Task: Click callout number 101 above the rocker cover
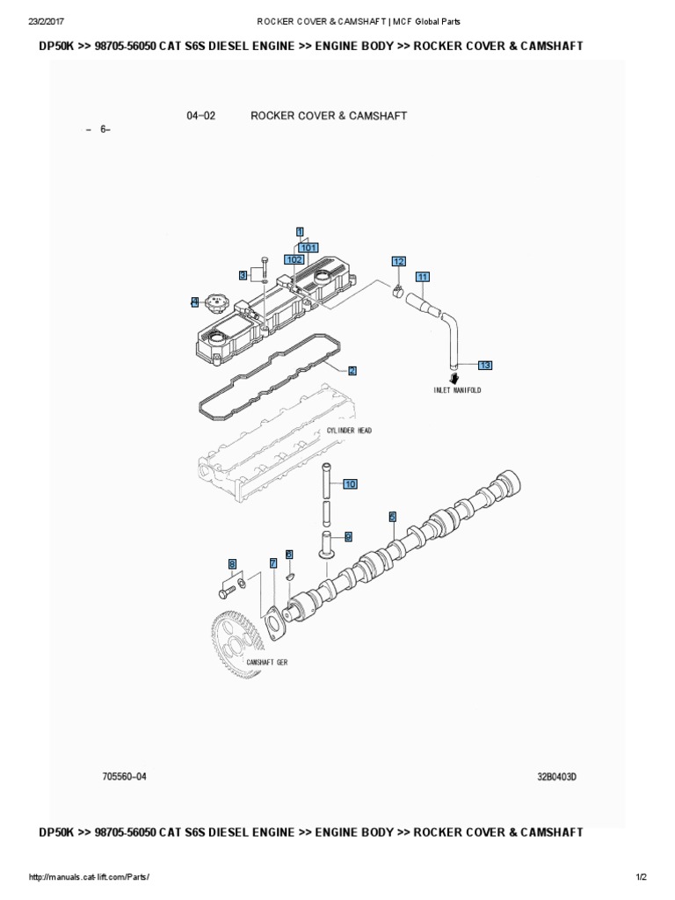[308, 248]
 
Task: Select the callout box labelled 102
[294, 260]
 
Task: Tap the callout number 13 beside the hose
[485, 364]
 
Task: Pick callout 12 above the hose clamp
[399, 261]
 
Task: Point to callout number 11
[422, 277]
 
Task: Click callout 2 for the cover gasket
[352, 370]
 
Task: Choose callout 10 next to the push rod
[350, 484]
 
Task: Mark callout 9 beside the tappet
[348, 535]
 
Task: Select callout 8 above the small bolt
[232, 563]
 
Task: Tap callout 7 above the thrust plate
[273, 562]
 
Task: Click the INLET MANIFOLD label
[457, 389]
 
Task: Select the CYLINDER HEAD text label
[349, 430]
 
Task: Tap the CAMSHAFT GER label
[267, 662]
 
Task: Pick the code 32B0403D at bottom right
[562, 776]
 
